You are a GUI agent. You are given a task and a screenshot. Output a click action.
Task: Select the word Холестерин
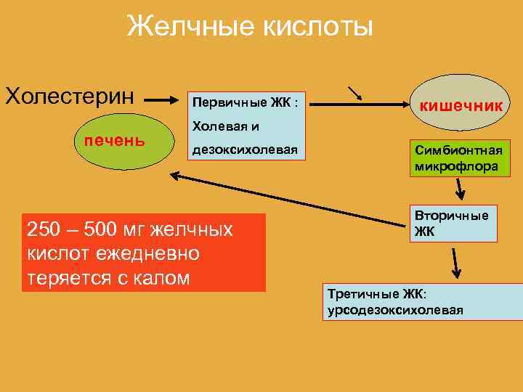click(70, 97)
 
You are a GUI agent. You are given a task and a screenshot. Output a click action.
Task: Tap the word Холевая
click(213, 126)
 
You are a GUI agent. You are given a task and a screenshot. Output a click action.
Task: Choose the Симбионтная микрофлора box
click(457, 158)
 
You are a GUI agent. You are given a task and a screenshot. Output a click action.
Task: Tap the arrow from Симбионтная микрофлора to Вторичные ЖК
click(461, 189)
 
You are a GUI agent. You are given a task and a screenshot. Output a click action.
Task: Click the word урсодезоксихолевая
click(395, 310)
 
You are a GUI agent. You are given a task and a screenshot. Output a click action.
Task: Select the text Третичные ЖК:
click(378, 294)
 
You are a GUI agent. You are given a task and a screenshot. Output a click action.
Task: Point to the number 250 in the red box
click(46, 230)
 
